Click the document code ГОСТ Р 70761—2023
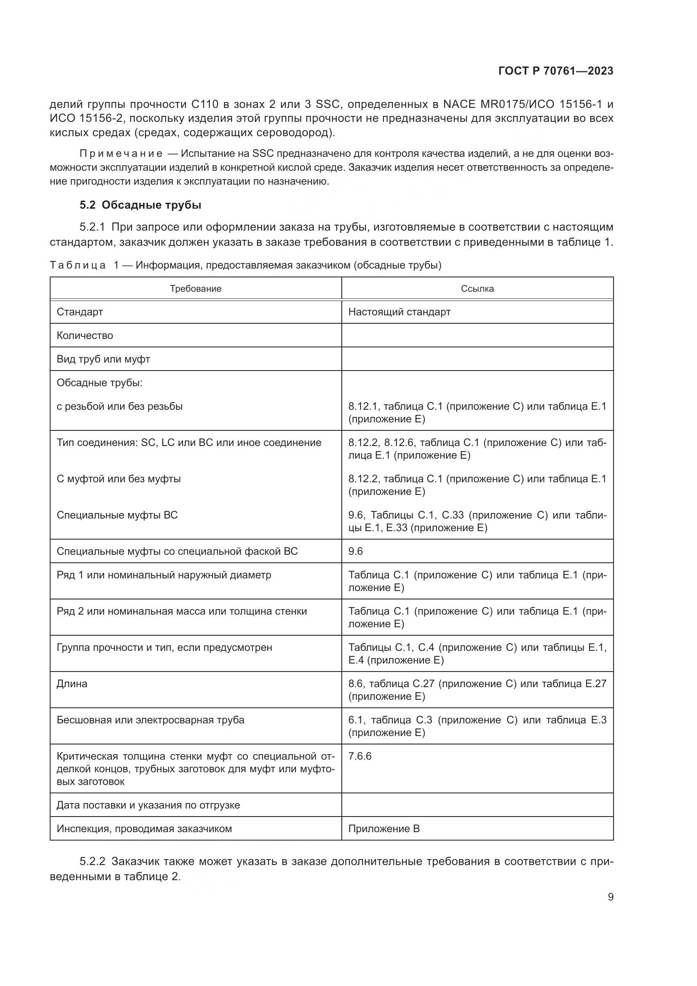pos(556,71)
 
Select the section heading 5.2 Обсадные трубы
pos(140,205)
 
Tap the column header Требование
pos(195,289)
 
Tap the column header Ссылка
pos(477,289)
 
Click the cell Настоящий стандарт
pos(399,312)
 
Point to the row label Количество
pos(85,336)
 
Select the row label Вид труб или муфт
pos(103,359)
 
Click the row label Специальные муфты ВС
pos(117,515)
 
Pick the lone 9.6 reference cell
pos(355,551)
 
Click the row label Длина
pos(72,684)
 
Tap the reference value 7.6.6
pos(359,756)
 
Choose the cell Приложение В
pos(384,828)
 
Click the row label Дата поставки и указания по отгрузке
pos(148,805)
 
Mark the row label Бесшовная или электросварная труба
pos(150,720)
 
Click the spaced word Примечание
pos(121,154)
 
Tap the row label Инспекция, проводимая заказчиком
pos(144,828)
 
